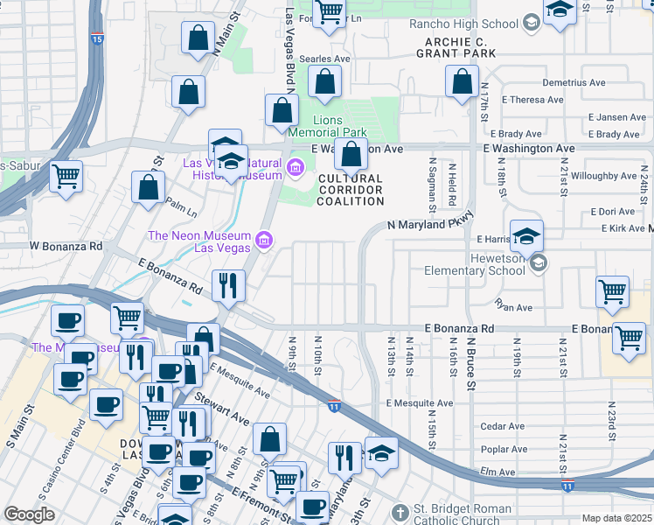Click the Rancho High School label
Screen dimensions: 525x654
click(x=470, y=24)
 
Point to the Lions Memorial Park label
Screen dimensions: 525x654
click(x=340, y=126)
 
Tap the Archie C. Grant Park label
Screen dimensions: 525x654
click(x=460, y=47)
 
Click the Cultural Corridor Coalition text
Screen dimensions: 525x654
click(x=351, y=189)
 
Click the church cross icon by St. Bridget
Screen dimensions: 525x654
click(x=400, y=511)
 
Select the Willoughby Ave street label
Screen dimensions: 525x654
click(x=605, y=176)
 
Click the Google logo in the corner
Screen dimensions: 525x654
click(x=30, y=514)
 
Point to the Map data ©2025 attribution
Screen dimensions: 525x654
click(x=617, y=518)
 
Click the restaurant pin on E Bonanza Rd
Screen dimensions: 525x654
click(x=228, y=285)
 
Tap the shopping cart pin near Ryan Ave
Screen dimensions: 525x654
click(x=613, y=292)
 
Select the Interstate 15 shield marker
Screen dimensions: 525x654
click(x=96, y=39)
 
